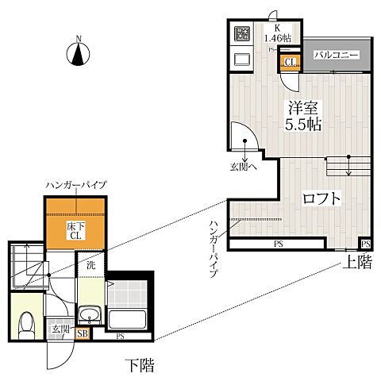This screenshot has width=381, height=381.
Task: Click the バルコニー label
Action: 337,56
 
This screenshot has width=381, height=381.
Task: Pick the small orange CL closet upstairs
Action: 290,62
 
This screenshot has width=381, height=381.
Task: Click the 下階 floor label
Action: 140,365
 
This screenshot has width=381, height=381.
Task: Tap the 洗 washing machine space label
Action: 90,265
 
